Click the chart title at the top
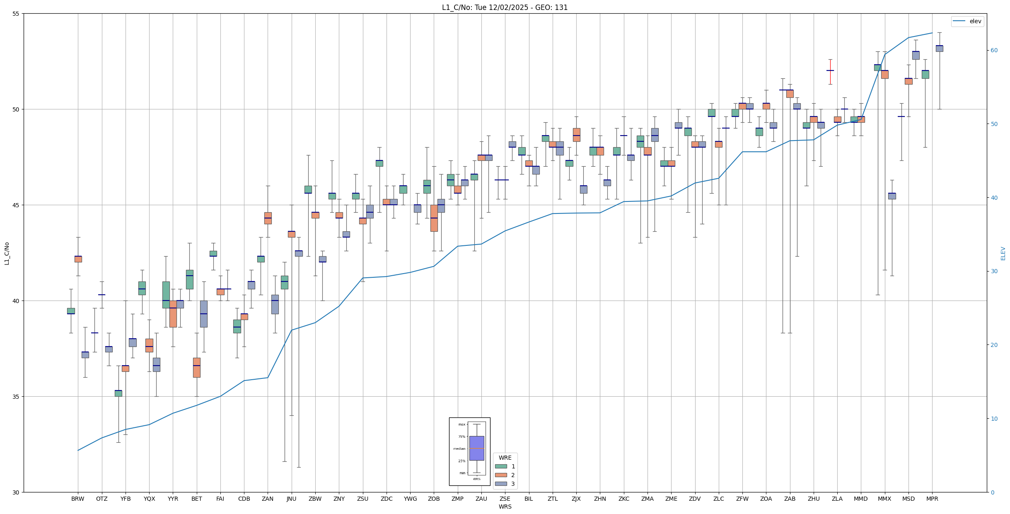[x=505, y=7]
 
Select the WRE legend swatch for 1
[x=501, y=466]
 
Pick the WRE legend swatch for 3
[x=501, y=484]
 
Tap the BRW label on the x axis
[x=77, y=499]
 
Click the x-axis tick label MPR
[x=932, y=499]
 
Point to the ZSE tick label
[x=505, y=499]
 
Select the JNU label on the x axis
[x=291, y=499]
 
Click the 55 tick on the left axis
[x=16, y=14]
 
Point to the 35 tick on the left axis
[x=16, y=397]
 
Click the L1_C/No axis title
[x=7, y=253]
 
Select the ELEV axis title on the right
[x=1003, y=253]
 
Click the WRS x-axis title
[x=505, y=507]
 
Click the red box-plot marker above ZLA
[x=830, y=71]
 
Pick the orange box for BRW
[x=78, y=259]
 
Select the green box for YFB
[x=118, y=393]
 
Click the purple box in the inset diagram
[x=476, y=448]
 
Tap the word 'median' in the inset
[x=459, y=449]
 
